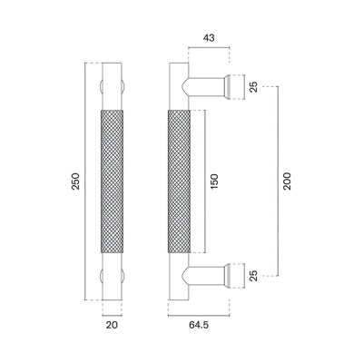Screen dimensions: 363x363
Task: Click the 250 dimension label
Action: pyautogui.click(x=76, y=181)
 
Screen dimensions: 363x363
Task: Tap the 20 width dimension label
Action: pyautogui.click(x=112, y=325)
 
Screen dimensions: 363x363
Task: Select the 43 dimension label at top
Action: pyautogui.click(x=209, y=38)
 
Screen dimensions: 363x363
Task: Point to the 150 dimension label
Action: pyautogui.click(x=214, y=181)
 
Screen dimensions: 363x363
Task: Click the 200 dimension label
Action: pyautogui.click(x=287, y=181)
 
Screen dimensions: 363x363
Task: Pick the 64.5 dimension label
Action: pyautogui.click(x=199, y=325)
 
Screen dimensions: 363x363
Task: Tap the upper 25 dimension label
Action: pyautogui.click(x=254, y=87)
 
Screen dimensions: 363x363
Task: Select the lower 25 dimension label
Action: pyautogui.click(x=254, y=276)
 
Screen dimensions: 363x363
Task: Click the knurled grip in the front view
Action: pyautogui.click(x=112, y=181)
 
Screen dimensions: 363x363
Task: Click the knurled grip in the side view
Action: pyautogui.click(x=179, y=181)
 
